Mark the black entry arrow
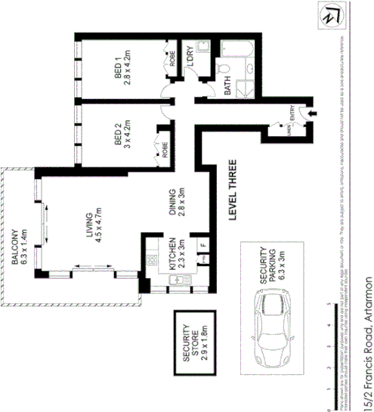coord(315,115)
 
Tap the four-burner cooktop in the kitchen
coord(152,259)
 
